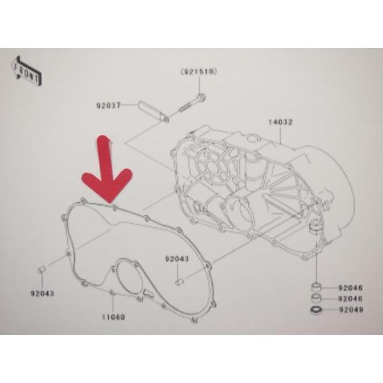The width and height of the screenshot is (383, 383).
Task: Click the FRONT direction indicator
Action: [26, 71]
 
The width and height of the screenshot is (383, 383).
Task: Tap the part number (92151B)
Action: [199, 72]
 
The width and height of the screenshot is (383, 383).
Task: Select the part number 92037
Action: [109, 105]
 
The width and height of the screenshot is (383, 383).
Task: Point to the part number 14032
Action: [280, 122]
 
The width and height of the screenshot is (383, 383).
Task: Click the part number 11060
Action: [114, 317]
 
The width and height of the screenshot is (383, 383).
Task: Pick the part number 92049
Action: [351, 310]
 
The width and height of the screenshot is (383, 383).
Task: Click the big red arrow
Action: [107, 169]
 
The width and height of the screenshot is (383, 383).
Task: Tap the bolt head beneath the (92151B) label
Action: [202, 98]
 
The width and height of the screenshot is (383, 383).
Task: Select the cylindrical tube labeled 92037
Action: [153, 112]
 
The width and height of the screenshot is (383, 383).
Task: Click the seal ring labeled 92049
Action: [317, 310]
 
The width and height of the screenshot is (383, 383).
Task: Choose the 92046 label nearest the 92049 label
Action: [350, 299]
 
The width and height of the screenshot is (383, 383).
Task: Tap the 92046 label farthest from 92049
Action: [350, 288]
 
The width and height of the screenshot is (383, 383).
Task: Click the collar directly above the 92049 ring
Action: [317, 298]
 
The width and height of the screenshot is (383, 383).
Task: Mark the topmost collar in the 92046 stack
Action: [317, 287]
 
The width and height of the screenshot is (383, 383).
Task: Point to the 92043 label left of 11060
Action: [42, 294]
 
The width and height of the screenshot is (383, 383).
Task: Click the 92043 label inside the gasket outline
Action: [177, 259]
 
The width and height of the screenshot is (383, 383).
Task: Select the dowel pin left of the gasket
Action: [41, 270]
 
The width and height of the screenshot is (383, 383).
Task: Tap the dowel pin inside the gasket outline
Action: [179, 282]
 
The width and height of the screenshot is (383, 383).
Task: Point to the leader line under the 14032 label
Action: [280, 135]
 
